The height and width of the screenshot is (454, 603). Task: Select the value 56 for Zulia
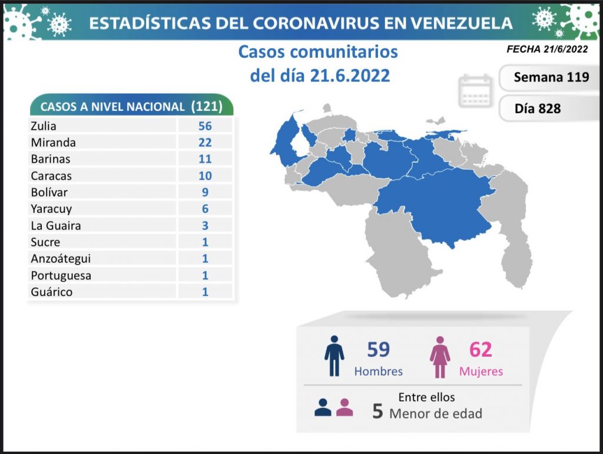[205, 126]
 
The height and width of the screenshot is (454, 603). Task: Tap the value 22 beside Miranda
[205, 143]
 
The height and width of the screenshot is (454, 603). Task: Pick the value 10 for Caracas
[205, 176]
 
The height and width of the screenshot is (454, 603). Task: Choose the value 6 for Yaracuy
[205, 209]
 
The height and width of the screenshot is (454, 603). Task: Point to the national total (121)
[207, 106]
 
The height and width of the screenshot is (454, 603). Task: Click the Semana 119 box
[551, 77]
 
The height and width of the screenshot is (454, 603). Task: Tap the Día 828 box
[537, 108]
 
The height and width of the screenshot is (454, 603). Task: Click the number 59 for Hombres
[378, 350]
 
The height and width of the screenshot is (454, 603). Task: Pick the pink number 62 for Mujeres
[480, 350]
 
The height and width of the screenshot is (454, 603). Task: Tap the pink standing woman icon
[439, 356]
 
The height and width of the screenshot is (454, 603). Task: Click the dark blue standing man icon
[334, 356]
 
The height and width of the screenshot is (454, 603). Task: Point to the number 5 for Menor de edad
[378, 412]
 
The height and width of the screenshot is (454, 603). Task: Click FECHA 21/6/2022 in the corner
[547, 50]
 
